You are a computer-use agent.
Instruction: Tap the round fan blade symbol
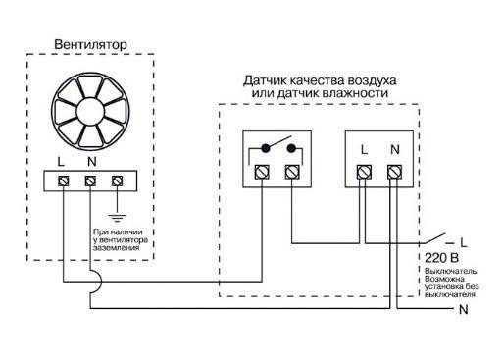tap(90, 109)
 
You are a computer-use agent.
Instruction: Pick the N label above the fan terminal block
tap(90, 162)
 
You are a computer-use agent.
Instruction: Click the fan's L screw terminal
tap(65, 181)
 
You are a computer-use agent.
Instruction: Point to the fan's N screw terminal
tap(91, 181)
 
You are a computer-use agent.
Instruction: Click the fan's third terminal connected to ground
tap(118, 181)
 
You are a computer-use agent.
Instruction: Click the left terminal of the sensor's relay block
tap(262, 172)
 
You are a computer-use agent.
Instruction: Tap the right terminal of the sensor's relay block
tap(290, 172)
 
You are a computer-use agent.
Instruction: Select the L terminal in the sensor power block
tap(364, 172)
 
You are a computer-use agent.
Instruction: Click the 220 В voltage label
tap(438, 257)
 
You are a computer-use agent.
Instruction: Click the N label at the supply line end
tap(463, 309)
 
